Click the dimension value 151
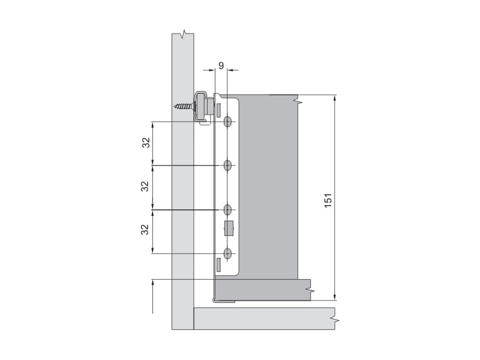point(328,200)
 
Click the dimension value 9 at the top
point(221,65)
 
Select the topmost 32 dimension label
point(146,142)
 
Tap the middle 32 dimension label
point(145,186)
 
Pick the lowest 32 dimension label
point(145,229)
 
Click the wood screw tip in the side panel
point(175,107)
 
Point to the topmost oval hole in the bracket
point(227,122)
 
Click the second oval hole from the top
point(227,166)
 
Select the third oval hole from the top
point(227,209)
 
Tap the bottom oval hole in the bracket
point(227,254)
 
